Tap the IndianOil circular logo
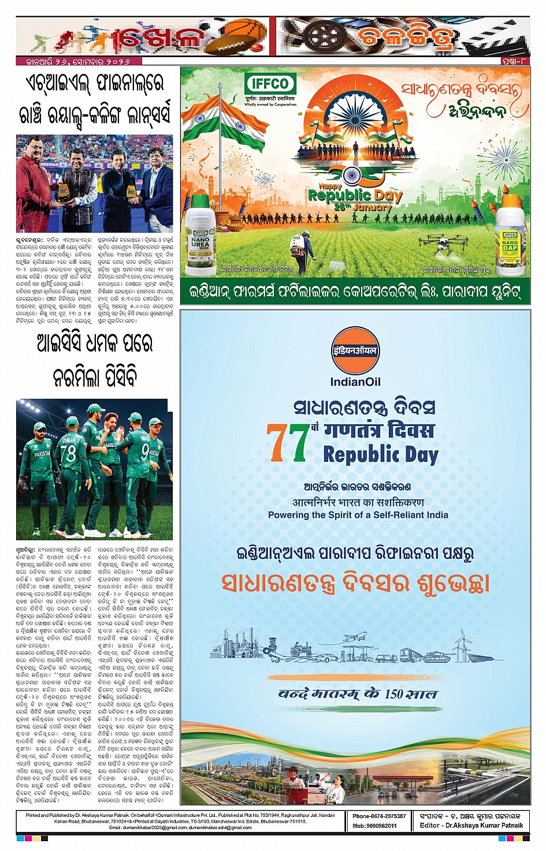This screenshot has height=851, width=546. tap(355, 350)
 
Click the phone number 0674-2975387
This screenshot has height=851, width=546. tap(379, 816)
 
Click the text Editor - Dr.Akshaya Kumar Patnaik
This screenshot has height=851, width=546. tap(471, 826)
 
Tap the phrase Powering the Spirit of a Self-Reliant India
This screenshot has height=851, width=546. tap(358, 514)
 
